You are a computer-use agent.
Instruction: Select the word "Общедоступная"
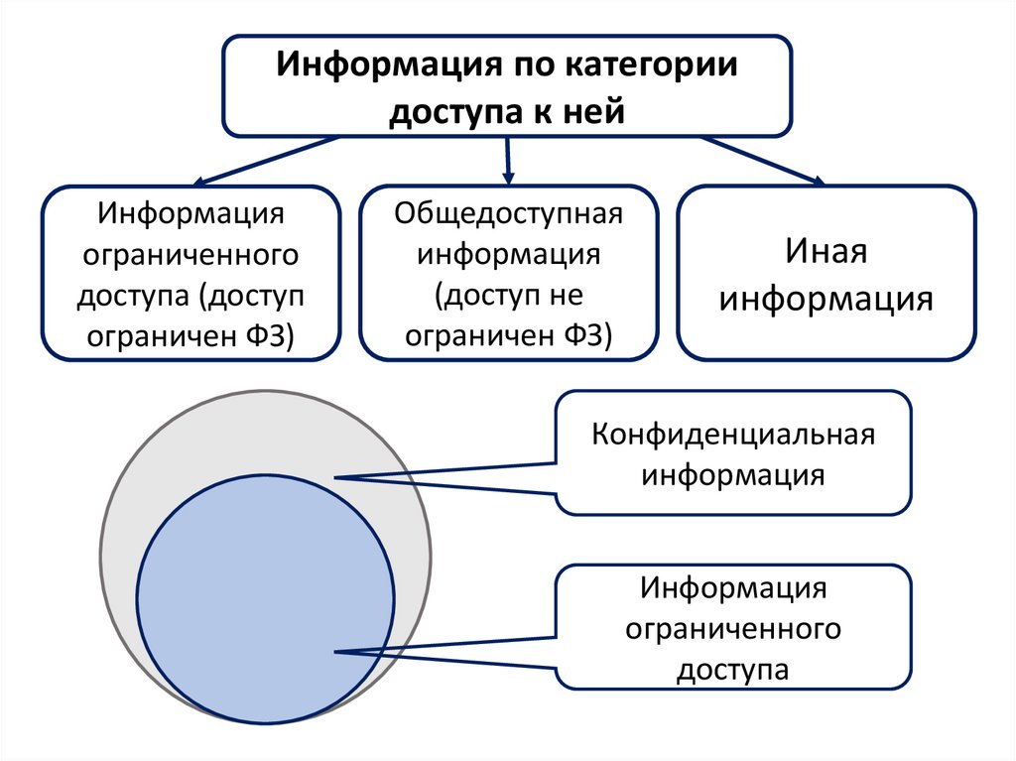pyautogui.click(x=508, y=213)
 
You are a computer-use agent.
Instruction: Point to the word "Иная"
pyautogui.click(x=826, y=251)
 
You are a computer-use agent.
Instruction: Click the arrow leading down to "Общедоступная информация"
pyautogui.click(x=508, y=159)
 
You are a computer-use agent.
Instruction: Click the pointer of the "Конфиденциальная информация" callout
pyautogui.click(x=446, y=477)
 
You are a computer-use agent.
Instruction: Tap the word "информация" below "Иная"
pyautogui.click(x=826, y=298)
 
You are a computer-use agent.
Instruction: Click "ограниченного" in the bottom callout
pyautogui.click(x=733, y=630)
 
